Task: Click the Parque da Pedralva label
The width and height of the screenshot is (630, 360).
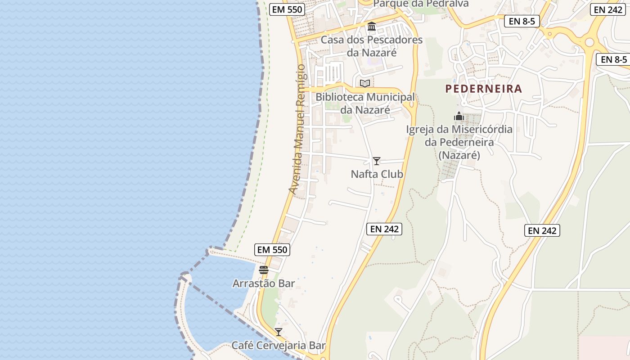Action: (421, 4)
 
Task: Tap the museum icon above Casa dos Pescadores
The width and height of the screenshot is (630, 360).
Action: (372, 27)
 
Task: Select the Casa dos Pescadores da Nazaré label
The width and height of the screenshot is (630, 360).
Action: (372, 46)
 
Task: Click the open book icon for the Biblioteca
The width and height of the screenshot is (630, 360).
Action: (365, 83)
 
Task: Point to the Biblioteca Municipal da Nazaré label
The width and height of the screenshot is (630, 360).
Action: (365, 103)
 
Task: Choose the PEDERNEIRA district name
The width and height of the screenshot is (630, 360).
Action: (484, 89)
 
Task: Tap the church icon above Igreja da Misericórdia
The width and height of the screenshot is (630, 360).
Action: (459, 116)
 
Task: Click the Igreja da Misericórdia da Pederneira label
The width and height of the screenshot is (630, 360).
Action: (459, 142)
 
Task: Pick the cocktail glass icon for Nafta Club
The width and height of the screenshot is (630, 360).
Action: (377, 161)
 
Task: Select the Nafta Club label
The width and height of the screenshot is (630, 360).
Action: (377, 174)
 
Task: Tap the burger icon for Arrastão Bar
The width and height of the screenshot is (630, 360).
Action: (264, 270)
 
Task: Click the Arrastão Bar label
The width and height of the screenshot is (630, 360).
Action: (264, 283)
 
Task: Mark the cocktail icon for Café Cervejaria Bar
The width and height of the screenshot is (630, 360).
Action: (279, 332)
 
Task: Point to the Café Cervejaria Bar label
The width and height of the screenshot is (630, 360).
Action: (278, 346)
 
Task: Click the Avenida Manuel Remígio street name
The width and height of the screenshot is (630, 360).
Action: (298, 130)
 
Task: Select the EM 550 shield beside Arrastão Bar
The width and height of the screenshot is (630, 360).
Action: (272, 250)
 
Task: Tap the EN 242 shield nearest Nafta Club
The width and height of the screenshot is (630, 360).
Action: (384, 229)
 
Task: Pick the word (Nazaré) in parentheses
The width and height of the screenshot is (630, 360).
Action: (459, 155)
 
